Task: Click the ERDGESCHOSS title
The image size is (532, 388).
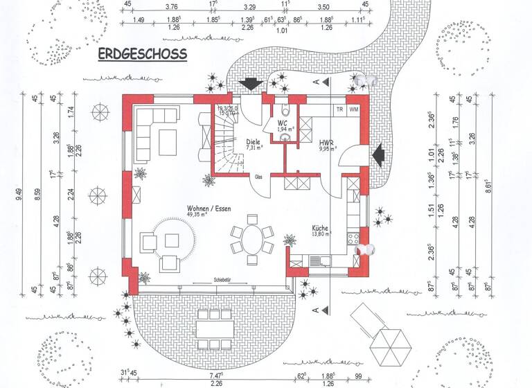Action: pos(142,55)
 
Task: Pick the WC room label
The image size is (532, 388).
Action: pos(283,123)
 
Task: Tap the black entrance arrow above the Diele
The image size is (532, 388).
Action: pos(249,84)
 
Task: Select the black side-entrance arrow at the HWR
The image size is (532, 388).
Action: pos(380,153)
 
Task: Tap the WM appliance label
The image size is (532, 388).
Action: pos(354,109)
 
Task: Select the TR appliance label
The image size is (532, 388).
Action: pos(339,109)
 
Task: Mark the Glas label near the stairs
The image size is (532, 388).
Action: pos(258,177)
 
